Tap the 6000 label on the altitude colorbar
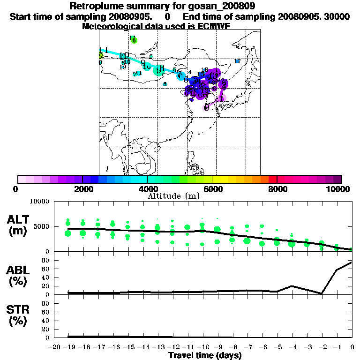click(x=212, y=189)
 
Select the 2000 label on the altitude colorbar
click(x=82, y=189)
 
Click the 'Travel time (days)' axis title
click(x=205, y=355)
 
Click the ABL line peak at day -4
click(x=292, y=285)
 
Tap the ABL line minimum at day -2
click(x=322, y=293)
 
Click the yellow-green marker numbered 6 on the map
click(x=134, y=40)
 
